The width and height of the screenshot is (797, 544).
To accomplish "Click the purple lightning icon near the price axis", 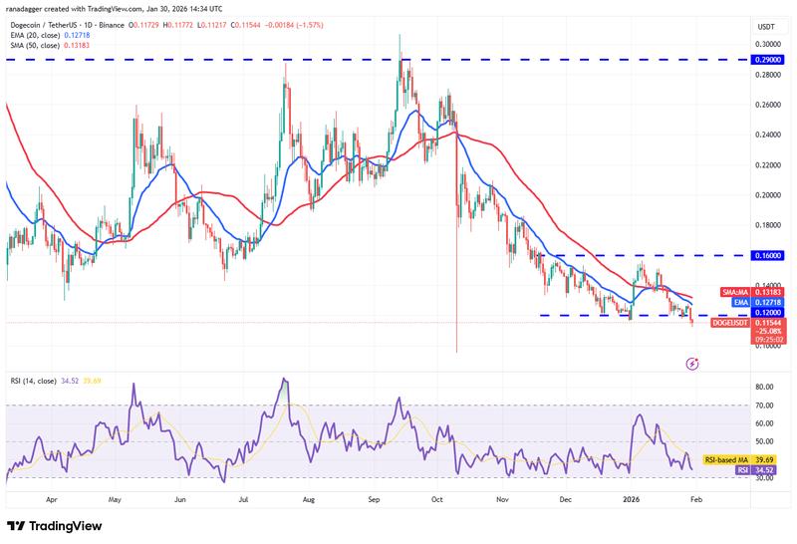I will (692, 365).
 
